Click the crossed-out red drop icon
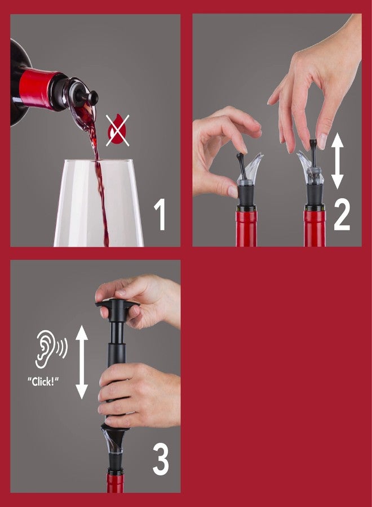tap(117, 130)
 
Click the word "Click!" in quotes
tap(43, 380)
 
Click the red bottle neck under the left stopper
tap(246, 228)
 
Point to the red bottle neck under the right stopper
tap(315, 228)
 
